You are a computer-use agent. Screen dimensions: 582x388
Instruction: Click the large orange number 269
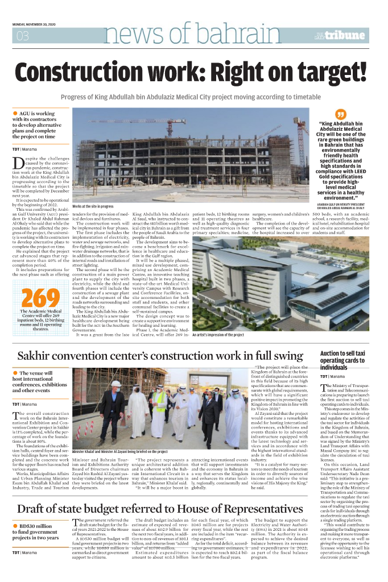40,298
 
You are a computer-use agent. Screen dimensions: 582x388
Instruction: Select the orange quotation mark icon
341,114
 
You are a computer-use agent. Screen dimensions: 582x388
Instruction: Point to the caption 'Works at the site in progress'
93,206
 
